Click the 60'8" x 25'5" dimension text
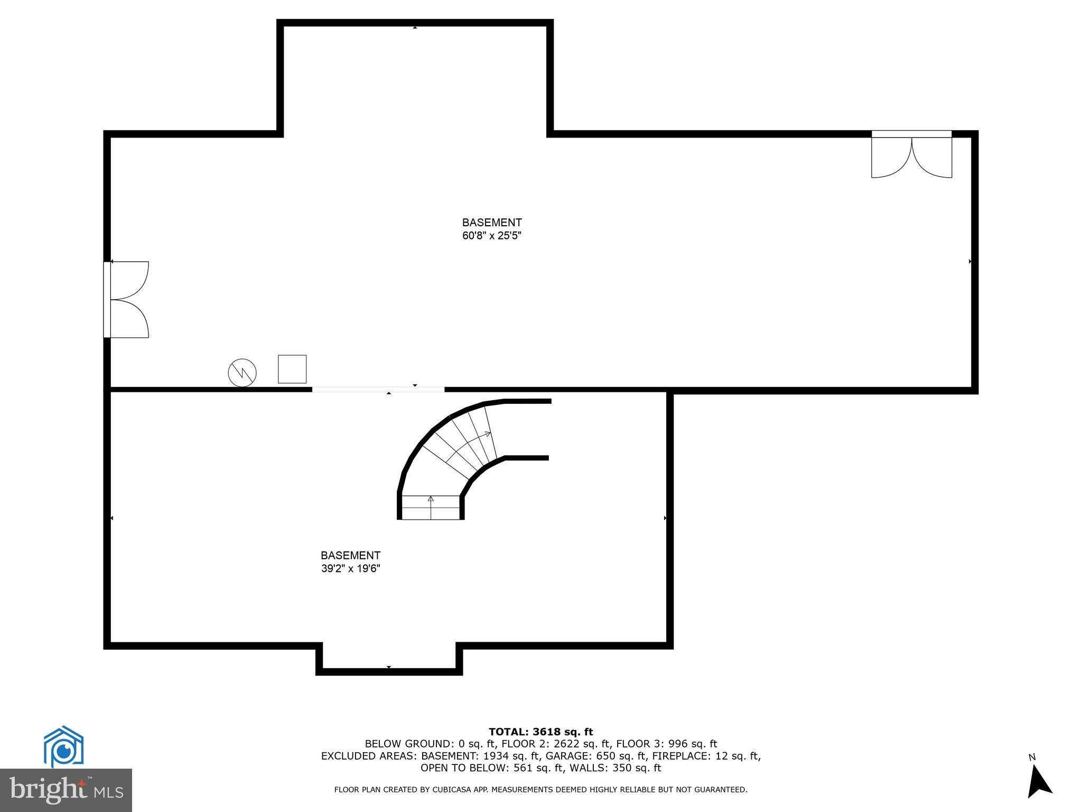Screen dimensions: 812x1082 (492, 236)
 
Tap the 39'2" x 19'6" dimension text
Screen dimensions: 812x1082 (351, 569)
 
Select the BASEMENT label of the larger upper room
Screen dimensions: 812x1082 (492, 223)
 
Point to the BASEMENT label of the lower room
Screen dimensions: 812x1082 (351, 556)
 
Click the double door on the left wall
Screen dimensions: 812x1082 (127, 299)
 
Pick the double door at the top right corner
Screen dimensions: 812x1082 (911, 155)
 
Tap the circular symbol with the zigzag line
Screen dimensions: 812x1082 (242, 373)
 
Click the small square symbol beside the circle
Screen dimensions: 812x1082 (292, 369)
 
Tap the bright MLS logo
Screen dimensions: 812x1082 (66, 790)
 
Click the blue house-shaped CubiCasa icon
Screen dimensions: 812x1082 (63, 746)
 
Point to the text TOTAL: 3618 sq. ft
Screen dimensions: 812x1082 (540, 732)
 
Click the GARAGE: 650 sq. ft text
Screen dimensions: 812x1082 (599, 756)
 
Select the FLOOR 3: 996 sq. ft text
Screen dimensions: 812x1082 (667, 744)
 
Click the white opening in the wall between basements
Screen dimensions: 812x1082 (378, 390)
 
